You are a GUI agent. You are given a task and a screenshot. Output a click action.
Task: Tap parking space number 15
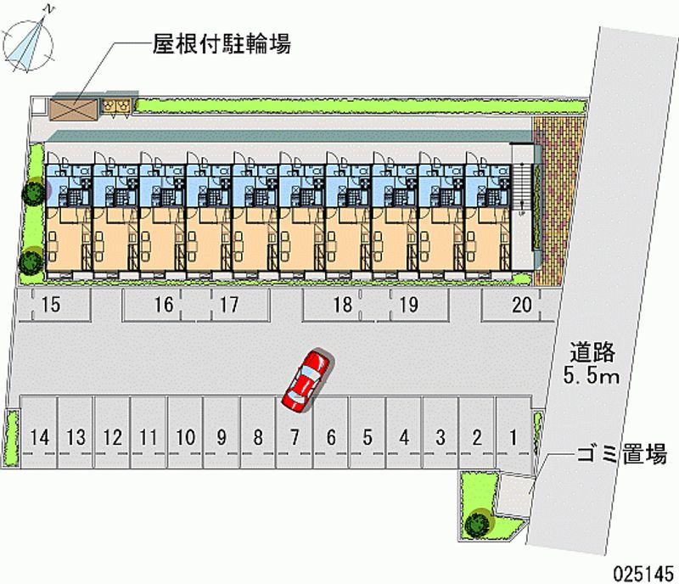pyautogui.click(x=51, y=305)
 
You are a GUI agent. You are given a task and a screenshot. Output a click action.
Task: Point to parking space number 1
pyautogui.click(x=513, y=437)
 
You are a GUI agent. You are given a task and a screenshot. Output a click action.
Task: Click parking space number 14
pyautogui.click(x=38, y=437)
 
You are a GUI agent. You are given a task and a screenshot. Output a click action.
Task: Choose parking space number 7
pyautogui.click(x=294, y=437)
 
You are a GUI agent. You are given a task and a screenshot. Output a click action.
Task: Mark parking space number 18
pyautogui.click(x=342, y=305)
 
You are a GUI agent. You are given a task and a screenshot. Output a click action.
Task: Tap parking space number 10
pyautogui.click(x=186, y=437)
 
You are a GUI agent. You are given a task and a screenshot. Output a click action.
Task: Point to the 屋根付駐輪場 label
pyautogui.click(x=222, y=44)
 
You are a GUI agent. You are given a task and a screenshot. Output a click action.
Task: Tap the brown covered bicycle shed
pyautogui.click(x=75, y=109)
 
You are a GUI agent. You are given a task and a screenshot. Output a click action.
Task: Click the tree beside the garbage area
pyautogui.click(x=477, y=520)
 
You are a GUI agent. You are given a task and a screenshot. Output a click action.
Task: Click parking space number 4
pyautogui.click(x=404, y=437)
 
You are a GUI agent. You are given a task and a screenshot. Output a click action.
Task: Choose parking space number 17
pyautogui.click(x=228, y=305)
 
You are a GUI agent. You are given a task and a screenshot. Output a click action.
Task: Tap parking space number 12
pyautogui.click(x=112, y=437)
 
